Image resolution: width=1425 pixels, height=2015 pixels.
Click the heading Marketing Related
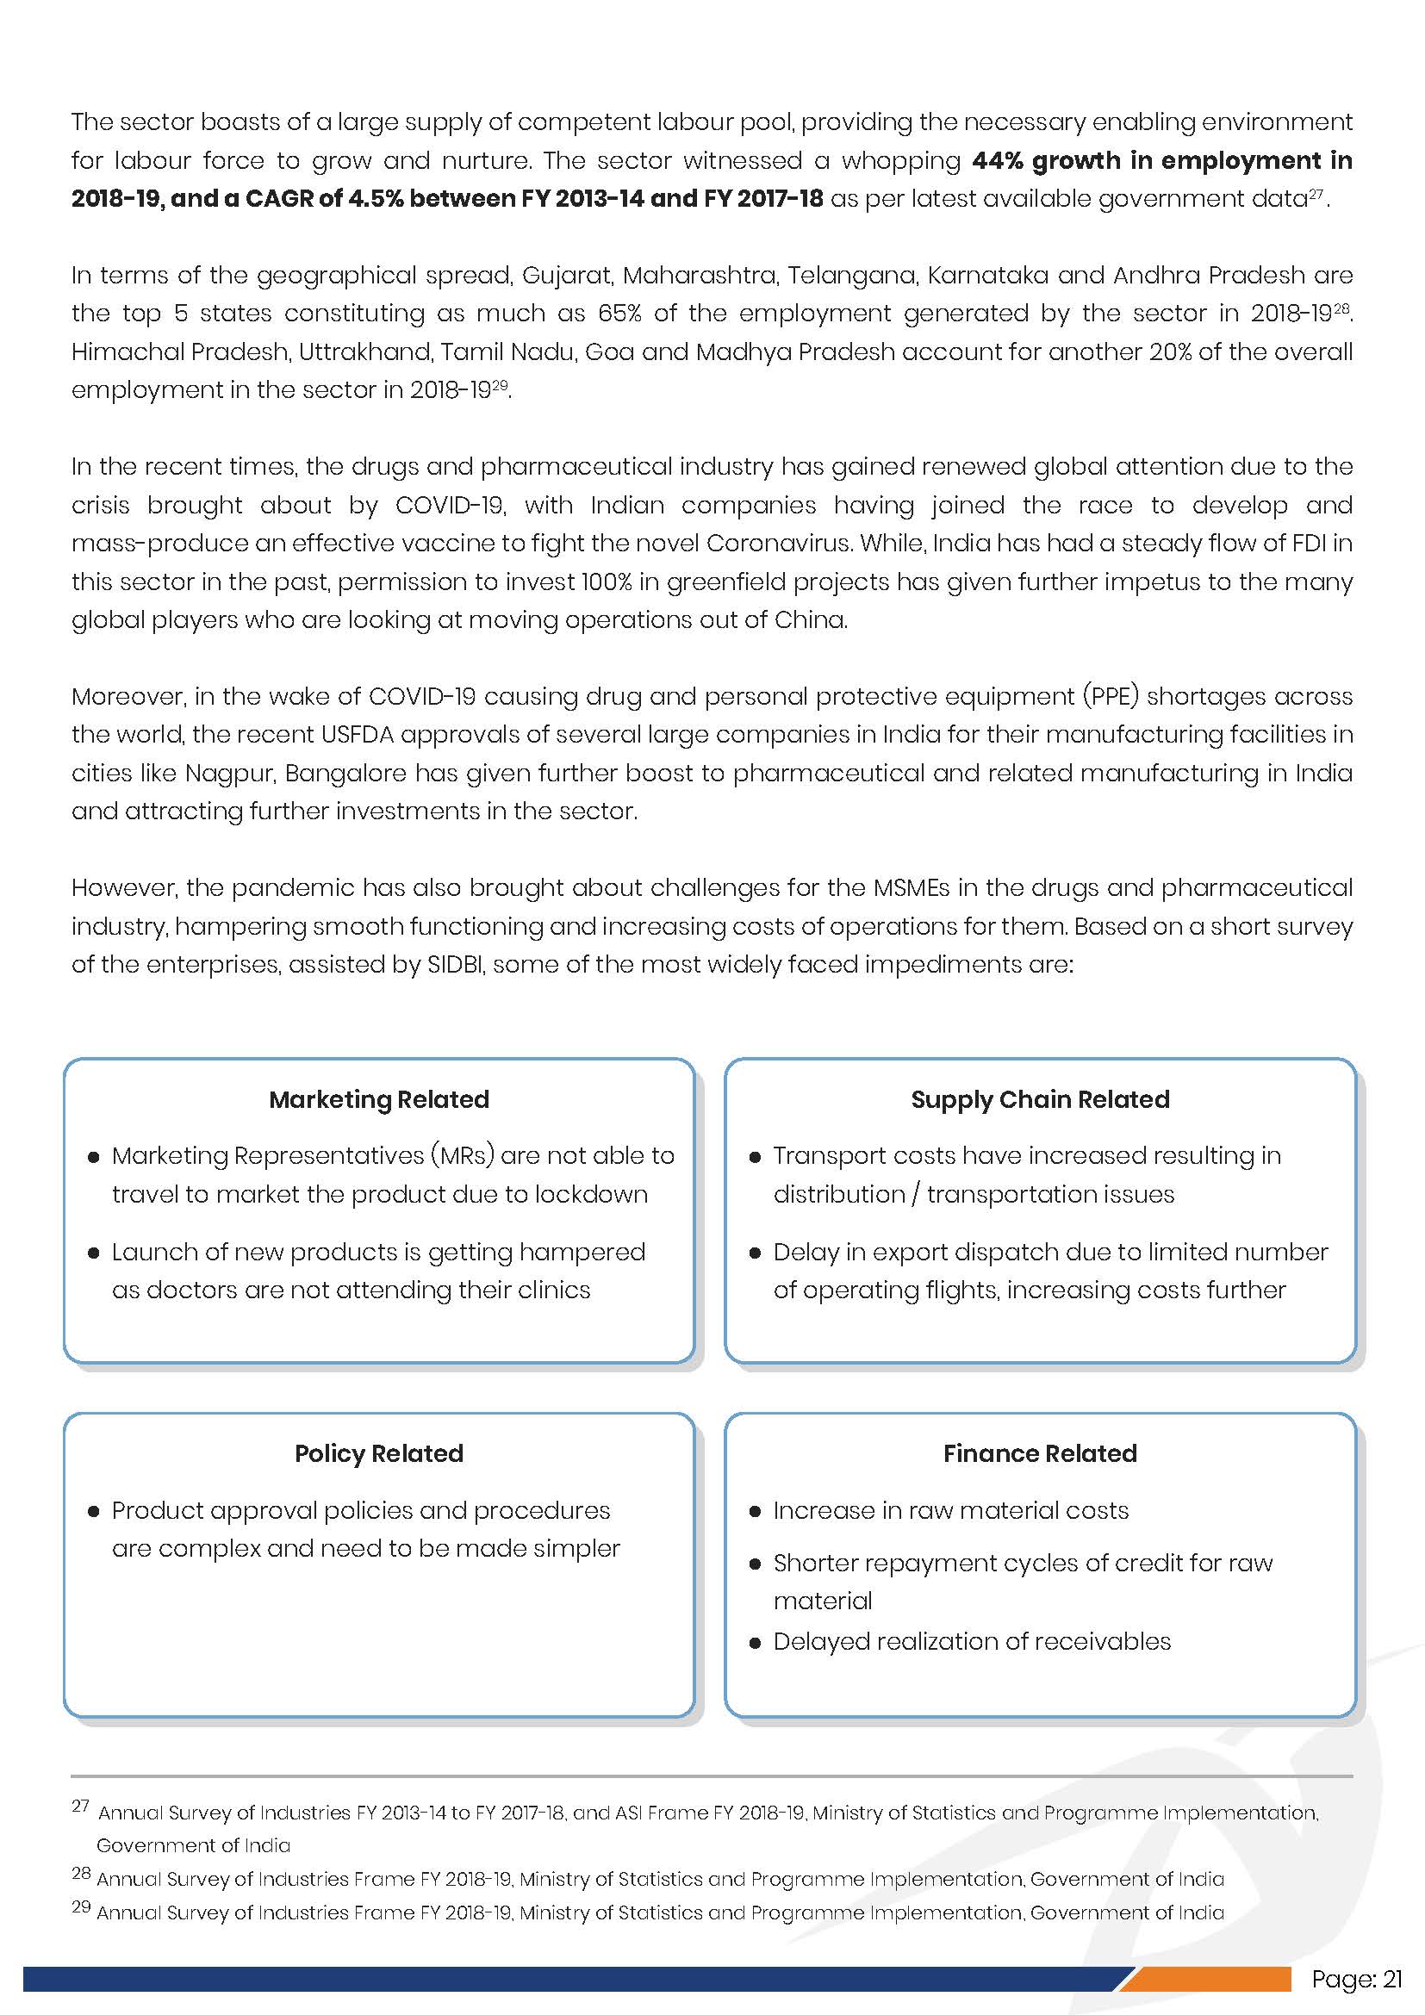tap(378, 1098)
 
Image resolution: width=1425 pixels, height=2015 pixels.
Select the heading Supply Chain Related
tap(1040, 1098)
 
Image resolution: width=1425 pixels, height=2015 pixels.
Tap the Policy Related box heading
tap(378, 1453)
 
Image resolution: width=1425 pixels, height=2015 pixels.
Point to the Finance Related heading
tap(1040, 1453)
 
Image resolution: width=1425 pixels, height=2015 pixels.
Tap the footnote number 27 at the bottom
tap(81, 1807)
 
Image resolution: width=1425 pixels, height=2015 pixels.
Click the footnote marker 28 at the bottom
tap(81, 1874)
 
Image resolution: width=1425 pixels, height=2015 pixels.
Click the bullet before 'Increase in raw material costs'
tap(755, 1511)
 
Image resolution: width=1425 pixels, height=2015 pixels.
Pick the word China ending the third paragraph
tap(810, 620)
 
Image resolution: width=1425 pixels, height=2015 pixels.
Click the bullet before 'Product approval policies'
tap(93, 1511)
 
